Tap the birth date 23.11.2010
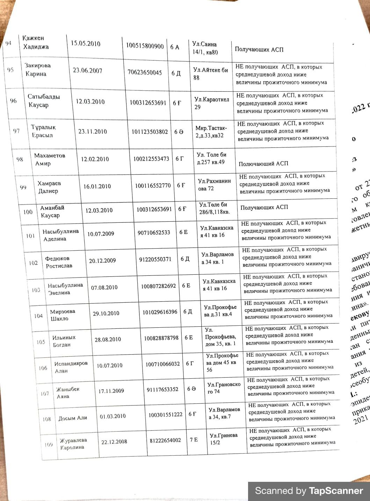point(93,131)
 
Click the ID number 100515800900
point(145,46)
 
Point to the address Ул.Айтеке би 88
point(210,74)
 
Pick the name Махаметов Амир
point(49,159)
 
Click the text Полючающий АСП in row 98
point(263,164)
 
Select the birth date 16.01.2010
point(97,186)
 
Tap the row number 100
point(28,212)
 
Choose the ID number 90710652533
point(154,233)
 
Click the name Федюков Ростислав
point(59,262)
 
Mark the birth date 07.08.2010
point(104,288)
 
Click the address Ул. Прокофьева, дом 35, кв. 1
point(220,337)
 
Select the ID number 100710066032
point(162,364)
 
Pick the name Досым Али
point(73,418)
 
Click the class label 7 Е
point(194,440)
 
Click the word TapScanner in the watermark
point(336,491)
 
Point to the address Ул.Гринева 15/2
point(223,439)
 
